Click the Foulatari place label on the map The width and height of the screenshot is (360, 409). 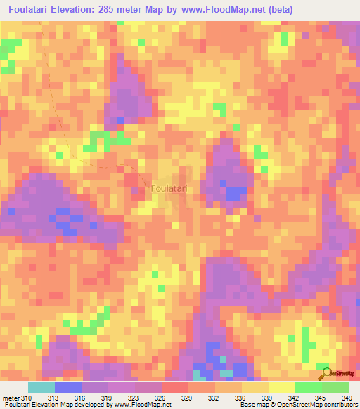[169, 189]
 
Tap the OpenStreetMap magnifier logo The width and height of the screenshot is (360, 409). [326, 373]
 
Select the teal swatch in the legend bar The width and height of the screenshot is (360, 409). [41, 388]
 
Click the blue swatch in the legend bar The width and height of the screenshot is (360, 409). [68, 388]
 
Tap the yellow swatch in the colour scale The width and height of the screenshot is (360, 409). [255, 388]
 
